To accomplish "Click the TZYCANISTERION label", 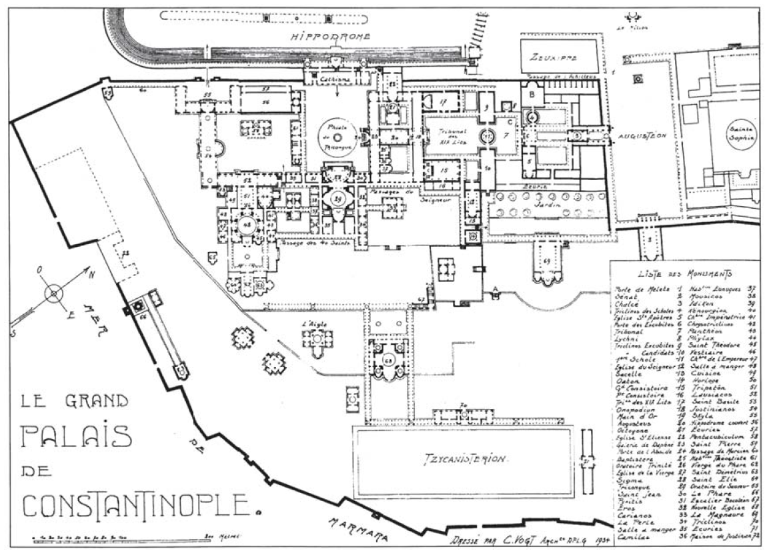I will [x=462, y=460].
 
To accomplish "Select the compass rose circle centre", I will [x=53, y=293].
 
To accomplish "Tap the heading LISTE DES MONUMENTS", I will [x=684, y=274].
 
